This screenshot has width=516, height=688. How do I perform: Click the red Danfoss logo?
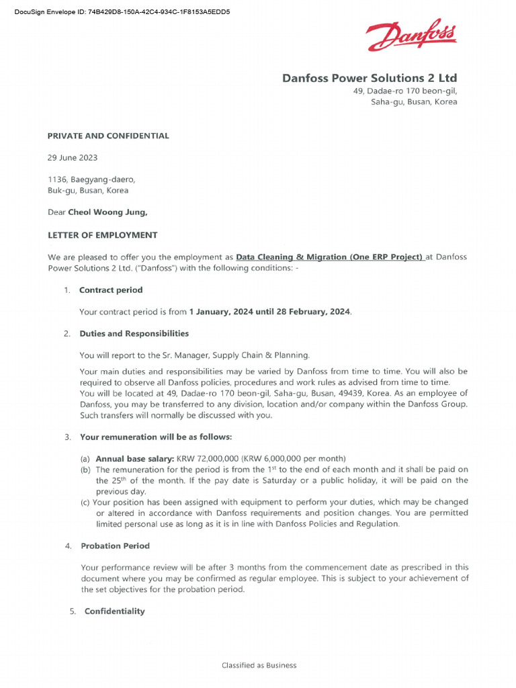point(411,36)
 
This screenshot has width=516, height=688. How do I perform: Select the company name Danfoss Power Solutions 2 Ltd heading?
point(369,79)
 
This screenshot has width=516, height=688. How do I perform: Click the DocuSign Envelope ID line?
point(122,11)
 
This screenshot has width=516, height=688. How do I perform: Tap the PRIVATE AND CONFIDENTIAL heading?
point(108,136)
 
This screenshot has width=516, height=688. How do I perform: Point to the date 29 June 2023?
point(72,158)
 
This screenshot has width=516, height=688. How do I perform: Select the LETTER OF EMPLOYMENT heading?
point(102,235)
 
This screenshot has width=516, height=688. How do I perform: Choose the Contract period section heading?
point(111,290)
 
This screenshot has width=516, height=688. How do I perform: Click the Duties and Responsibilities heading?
point(134,333)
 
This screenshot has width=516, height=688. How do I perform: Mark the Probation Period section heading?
point(115,546)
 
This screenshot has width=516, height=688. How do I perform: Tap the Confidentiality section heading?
point(114,611)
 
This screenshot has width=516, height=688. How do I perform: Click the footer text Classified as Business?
point(259,665)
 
